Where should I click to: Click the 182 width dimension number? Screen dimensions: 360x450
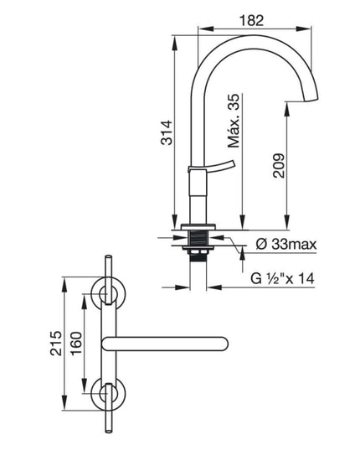[x=251, y=21]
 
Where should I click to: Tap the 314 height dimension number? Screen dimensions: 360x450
[x=167, y=132]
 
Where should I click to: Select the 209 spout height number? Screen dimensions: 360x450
[x=279, y=166]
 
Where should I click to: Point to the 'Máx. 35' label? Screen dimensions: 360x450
[x=234, y=121]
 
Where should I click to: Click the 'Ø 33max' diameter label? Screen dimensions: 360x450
[x=286, y=244]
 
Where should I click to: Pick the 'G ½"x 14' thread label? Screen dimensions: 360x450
[x=282, y=278]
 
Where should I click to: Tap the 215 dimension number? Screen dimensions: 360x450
[x=56, y=344]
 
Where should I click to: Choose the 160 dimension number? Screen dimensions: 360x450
[x=76, y=344]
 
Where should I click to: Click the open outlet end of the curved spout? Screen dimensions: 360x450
[x=303, y=101]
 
